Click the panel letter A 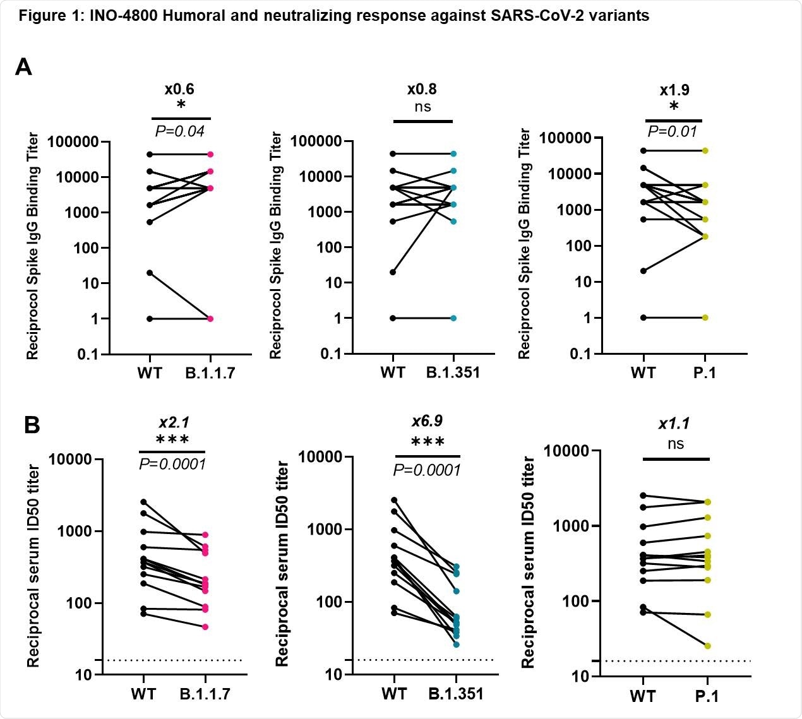pyautogui.click(x=23, y=66)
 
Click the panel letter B pyautogui.click(x=32, y=425)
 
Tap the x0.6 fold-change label pyautogui.click(x=179, y=89)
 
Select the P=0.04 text pyautogui.click(x=180, y=131)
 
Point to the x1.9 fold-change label pyautogui.click(x=674, y=90)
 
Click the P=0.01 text pyautogui.click(x=673, y=131)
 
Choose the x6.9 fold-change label pyautogui.click(x=427, y=420)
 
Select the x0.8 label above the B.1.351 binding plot pyautogui.click(x=422, y=90)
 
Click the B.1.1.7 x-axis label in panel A pyautogui.click(x=210, y=373)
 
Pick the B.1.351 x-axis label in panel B pyautogui.click(x=456, y=694)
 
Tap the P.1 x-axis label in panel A pyautogui.click(x=705, y=372)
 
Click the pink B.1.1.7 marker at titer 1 pyautogui.click(x=210, y=319)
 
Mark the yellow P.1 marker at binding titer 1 pyautogui.click(x=705, y=318)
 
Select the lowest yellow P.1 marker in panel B pyautogui.click(x=707, y=646)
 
